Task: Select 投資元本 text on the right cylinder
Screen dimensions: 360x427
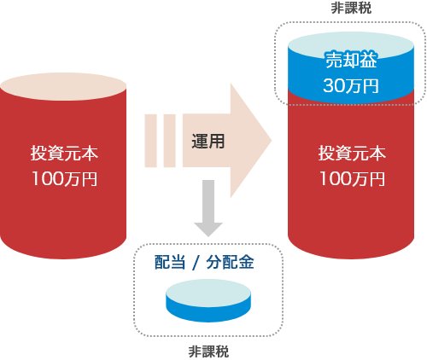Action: coord(352,154)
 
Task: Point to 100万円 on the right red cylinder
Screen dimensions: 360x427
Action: coord(352,180)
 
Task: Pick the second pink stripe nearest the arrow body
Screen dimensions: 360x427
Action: coord(170,140)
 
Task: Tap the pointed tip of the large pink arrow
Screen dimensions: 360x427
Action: coord(268,140)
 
